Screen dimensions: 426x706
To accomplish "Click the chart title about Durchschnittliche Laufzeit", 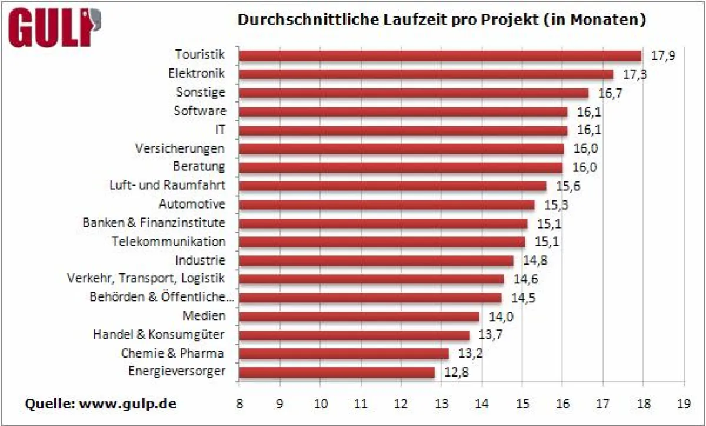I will coord(441,20).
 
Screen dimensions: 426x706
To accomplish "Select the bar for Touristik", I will coord(441,55).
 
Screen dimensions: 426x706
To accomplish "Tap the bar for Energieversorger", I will coord(337,372).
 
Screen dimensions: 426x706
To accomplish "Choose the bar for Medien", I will coord(359,316).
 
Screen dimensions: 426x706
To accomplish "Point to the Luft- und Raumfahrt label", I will coord(167,186).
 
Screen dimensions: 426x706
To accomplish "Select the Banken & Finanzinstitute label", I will coord(154,223).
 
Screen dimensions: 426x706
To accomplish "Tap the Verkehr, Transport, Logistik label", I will coord(146,278).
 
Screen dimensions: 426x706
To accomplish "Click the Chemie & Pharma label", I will coord(172,354).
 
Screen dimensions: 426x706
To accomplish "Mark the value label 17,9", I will coord(663,56).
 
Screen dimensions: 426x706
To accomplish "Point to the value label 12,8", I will coord(456,372).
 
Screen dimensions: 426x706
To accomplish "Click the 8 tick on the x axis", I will coord(239,405).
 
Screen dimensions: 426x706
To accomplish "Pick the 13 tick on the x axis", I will coord(441,405).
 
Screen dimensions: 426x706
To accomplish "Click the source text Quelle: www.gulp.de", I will coord(100,404).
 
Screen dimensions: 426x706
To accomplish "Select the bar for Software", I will coord(404,111).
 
